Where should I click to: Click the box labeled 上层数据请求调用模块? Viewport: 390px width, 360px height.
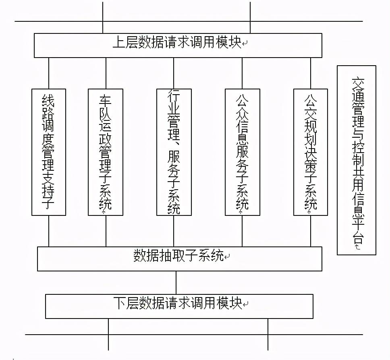point(178,45)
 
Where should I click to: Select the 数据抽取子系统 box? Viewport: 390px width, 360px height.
point(179,259)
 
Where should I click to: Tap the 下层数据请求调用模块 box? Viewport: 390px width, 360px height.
point(179,306)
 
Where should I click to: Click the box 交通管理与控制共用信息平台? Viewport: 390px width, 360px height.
point(357,160)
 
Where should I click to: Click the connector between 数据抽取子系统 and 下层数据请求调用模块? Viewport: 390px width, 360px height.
point(176,282)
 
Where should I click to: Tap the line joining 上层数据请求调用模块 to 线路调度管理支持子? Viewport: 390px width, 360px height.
point(49,73)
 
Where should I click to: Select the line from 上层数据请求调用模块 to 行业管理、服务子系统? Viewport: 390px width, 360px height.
point(174,73)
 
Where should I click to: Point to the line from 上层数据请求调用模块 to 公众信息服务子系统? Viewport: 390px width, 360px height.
point(242,73)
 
